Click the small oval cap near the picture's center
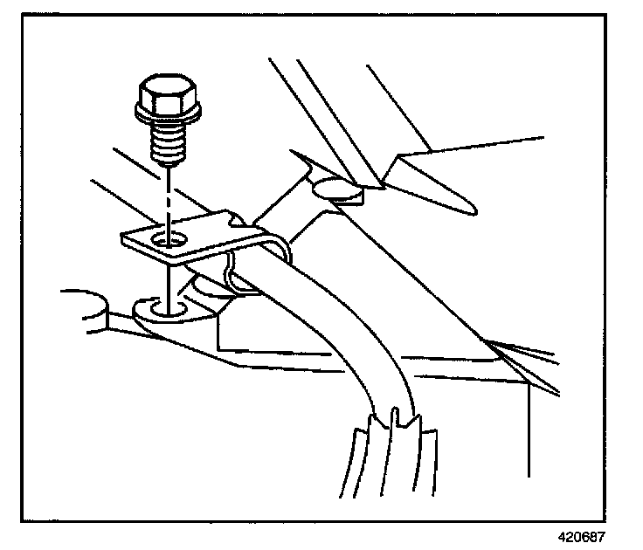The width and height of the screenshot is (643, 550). pyautogui.click(x=336, y=189)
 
